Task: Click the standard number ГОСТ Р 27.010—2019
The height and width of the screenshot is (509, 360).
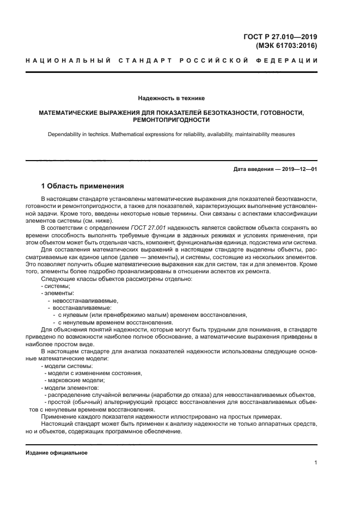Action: coord(280,37)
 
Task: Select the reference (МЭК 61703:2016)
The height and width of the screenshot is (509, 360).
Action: coord(286,46)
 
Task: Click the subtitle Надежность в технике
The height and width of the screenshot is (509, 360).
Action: coord(171,99)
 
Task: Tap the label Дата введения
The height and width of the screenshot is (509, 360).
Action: coord(255,169)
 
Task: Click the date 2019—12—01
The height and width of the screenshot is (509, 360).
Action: coord(300,169)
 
